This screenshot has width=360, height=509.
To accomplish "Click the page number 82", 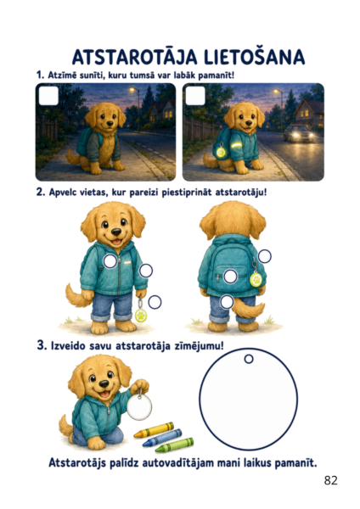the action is pos(331,480).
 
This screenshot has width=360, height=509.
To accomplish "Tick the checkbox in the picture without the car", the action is pos(48,95).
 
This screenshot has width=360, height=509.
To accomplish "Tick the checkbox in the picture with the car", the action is pos(195,95).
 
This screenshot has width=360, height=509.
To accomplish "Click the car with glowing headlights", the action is pos(299,133).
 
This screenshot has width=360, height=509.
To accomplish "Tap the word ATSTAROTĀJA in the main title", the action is pos(135,57).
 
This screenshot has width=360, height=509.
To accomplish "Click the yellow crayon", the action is pos(154,429).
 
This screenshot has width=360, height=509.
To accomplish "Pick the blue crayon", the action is pos(162,437).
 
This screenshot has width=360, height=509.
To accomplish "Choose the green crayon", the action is pos(174,445).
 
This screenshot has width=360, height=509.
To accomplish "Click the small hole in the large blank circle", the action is pos(249,359).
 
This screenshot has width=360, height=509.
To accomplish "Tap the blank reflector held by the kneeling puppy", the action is pos(139,406).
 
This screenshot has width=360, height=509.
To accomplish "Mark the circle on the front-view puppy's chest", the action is pos(110,261).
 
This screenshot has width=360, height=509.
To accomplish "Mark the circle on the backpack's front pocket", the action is pos(230,277).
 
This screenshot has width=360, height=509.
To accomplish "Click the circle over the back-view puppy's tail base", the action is pos(227,302).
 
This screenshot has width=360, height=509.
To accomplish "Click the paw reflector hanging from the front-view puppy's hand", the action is pos(141,315).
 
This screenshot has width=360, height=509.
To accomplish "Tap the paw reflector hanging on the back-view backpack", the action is pos(256,279).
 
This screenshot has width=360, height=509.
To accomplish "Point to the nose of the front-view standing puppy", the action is pos(116,232).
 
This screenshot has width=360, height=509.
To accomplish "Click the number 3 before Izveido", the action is pos(41,344).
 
